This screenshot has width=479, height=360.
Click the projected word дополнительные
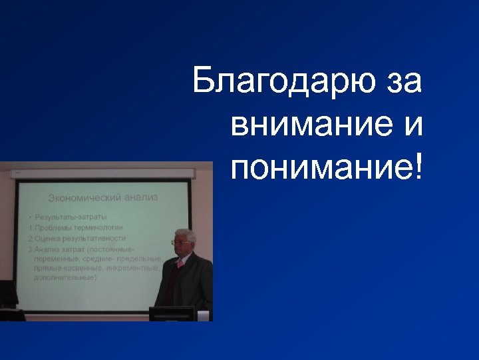(x=66, y=277)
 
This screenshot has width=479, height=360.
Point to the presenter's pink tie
(x=180, y=263)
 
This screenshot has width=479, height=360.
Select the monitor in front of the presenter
(x=171, y=313)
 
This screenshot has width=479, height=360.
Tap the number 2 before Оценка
(x=30, y=238)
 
